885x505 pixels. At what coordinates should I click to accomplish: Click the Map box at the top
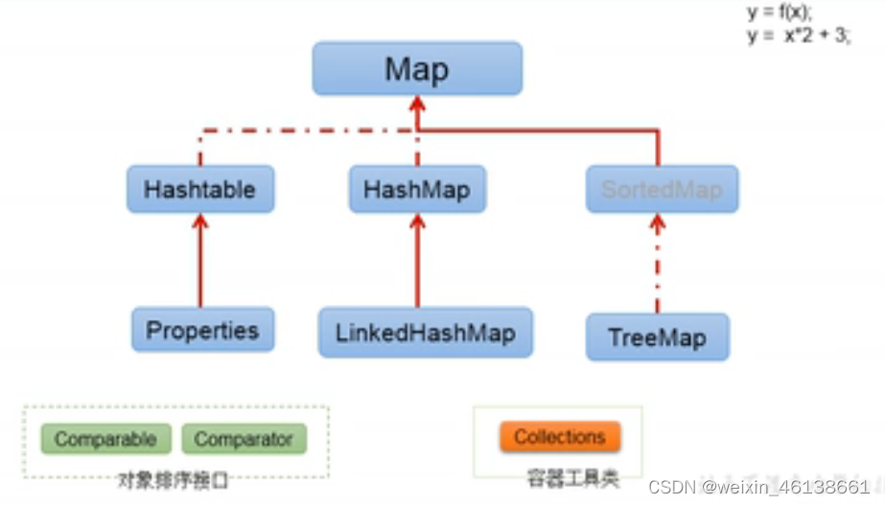click(417, 68)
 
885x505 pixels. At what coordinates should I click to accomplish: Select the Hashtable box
click(200, 189)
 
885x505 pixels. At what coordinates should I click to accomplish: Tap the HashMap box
click(417, 189)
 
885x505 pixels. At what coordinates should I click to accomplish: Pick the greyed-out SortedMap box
click(661, 189)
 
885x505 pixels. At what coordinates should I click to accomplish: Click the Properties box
click(202, 331)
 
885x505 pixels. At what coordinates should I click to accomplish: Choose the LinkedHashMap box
click(425, 333)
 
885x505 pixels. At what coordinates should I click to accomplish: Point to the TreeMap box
click(657, 337)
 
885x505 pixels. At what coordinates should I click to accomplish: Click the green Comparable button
click(105, 439)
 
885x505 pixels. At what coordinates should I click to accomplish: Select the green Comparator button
click(244, 439)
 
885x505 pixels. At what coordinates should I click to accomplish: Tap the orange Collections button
click(560, 437)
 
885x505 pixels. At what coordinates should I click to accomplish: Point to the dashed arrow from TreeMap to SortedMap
click(658, 264)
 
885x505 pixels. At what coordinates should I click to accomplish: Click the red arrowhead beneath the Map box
click(417, 104)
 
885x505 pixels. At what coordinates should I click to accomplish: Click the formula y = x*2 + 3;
click(798, 35)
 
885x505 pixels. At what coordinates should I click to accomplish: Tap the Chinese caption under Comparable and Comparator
click(174, 479)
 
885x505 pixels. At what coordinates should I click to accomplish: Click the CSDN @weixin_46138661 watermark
click(764, 487)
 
